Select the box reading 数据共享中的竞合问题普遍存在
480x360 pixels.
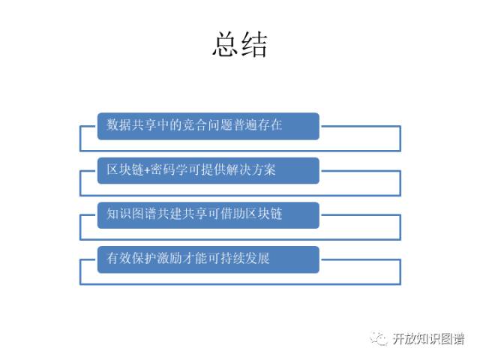click(x=208, y=126)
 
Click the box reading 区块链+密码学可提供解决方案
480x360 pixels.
click(x=208, y=170)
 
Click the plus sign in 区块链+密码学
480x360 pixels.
click(x=145, y=171)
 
